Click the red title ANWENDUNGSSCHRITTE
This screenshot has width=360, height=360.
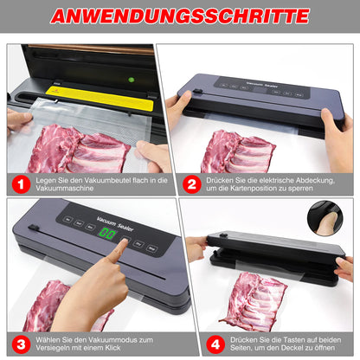179,16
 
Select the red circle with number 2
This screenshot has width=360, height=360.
192,184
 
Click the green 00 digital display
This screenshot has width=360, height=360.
107,235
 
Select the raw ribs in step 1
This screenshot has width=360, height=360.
77,149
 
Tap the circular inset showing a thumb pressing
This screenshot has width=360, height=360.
330,217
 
